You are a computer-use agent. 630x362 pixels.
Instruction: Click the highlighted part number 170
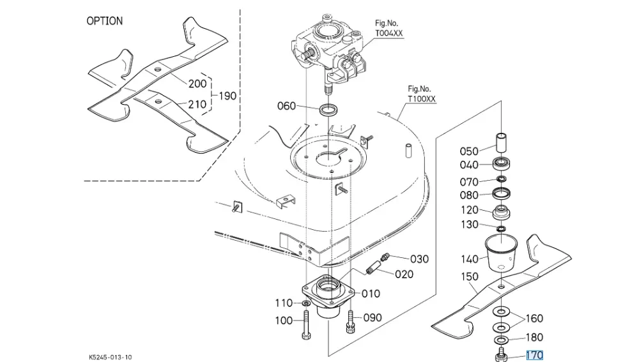pyautogui.click(x=534, y=355)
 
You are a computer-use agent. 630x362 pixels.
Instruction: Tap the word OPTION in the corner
pyautogui.click(x=104, y=21)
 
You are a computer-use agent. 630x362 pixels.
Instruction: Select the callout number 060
pyautogui.click(x=286, y=106)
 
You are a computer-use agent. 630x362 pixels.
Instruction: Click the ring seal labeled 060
pyautogui.click(x=328, y=109)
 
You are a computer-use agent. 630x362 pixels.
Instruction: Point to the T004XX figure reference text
pyautogui.click(x=389, y=33)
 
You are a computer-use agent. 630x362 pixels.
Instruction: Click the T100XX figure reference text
pyautogui.click(x=422, y=99)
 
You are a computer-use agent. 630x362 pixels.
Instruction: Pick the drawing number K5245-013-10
pyautogui.click(x=110, y=357)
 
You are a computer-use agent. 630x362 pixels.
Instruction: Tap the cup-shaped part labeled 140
pyautogui.click(x=501, y=253)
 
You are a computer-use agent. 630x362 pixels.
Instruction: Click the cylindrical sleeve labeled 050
pyautogui.click(x=501, y=142)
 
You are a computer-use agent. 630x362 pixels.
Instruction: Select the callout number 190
pyautogui.click(x=227, y=96)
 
